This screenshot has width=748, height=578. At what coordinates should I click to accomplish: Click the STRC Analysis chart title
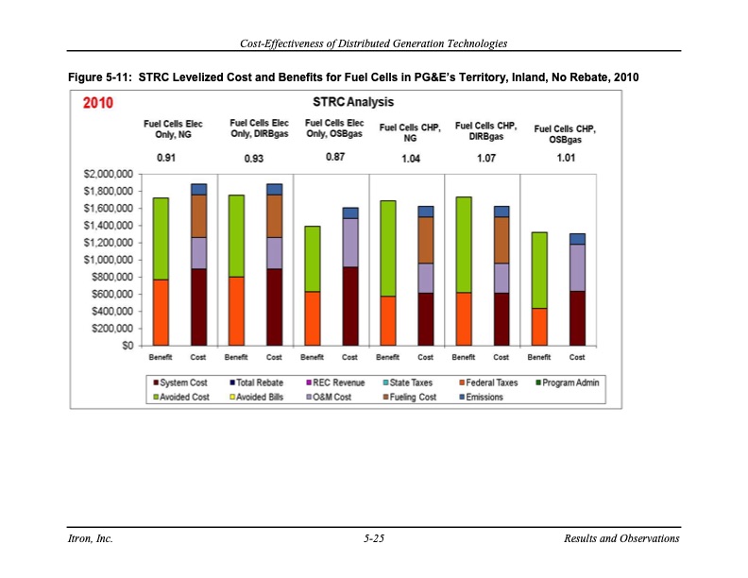[347, 102]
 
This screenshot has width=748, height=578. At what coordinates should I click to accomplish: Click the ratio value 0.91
[166, 158]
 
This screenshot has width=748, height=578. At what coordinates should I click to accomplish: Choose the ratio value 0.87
[334, 157]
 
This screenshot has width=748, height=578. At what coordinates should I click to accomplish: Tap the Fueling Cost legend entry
[407, 397]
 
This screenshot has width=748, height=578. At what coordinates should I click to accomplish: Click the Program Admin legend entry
[569, 382]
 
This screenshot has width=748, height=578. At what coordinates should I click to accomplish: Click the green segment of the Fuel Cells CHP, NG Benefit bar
[387, 248]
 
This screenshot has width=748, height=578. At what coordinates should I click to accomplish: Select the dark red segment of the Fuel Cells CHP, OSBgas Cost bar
[577, 318]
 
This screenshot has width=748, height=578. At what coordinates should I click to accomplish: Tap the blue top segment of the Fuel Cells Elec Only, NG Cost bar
[198, 189]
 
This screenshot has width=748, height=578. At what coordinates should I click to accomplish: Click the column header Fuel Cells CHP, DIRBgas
[485, 130]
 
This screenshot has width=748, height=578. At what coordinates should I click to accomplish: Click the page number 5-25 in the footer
[373, 538]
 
